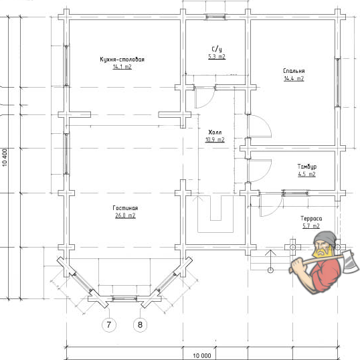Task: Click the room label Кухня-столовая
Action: (122, 60)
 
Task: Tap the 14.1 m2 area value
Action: (122, 67)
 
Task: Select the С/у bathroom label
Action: (217, 49)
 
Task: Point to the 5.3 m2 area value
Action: (217, 57)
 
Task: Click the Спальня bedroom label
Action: (294, 71)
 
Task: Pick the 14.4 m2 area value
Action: (294, 78)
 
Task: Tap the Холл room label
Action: (215, 132)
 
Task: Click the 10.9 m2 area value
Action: (215, 140)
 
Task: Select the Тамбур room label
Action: (307, 167)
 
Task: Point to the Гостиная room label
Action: (125, 208)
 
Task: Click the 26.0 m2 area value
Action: (125, 215)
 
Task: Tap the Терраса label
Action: (311, 218)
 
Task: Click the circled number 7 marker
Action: (109, 325)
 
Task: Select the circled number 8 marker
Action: (140, 325)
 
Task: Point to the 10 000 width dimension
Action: (202, 355)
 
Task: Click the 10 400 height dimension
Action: (5, 157)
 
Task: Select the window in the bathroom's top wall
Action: (215, 17)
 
